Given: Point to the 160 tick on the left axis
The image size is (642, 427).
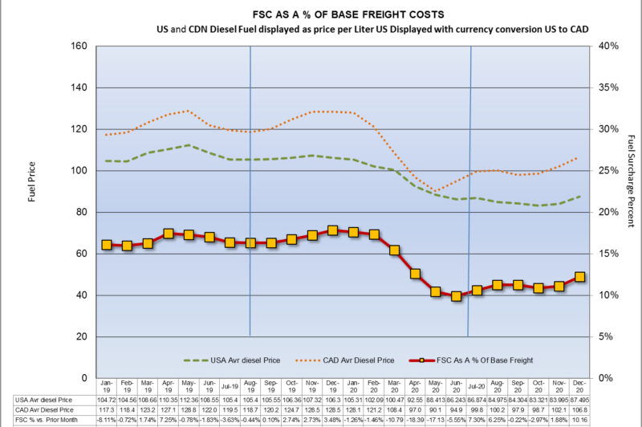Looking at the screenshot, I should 79,46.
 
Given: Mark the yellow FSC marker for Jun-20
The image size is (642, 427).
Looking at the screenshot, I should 456,296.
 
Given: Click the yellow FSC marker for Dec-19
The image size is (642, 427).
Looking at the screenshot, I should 333,230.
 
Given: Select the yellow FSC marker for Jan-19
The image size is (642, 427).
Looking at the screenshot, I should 106,245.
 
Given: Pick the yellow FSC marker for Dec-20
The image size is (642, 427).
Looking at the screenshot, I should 580,277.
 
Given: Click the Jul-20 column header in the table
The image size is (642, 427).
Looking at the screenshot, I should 477,387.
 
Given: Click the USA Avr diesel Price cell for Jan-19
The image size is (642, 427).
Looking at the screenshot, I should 106,398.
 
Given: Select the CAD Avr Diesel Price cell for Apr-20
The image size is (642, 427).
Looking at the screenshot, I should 415,409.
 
